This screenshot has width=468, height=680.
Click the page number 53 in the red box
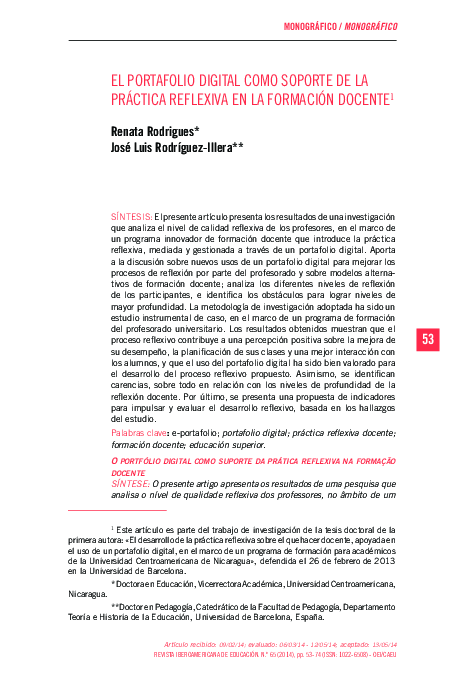click(x=428, y=340)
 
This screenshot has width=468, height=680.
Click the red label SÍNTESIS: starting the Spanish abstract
click(x=132, y=216)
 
